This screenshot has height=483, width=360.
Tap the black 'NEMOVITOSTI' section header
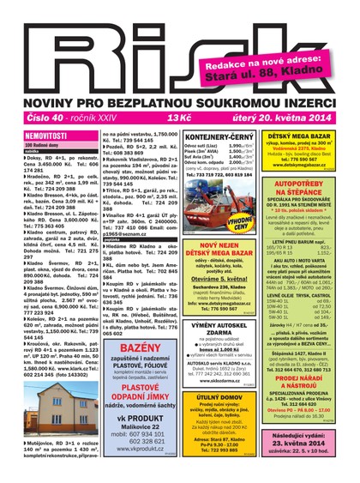(x=47, y=136)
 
